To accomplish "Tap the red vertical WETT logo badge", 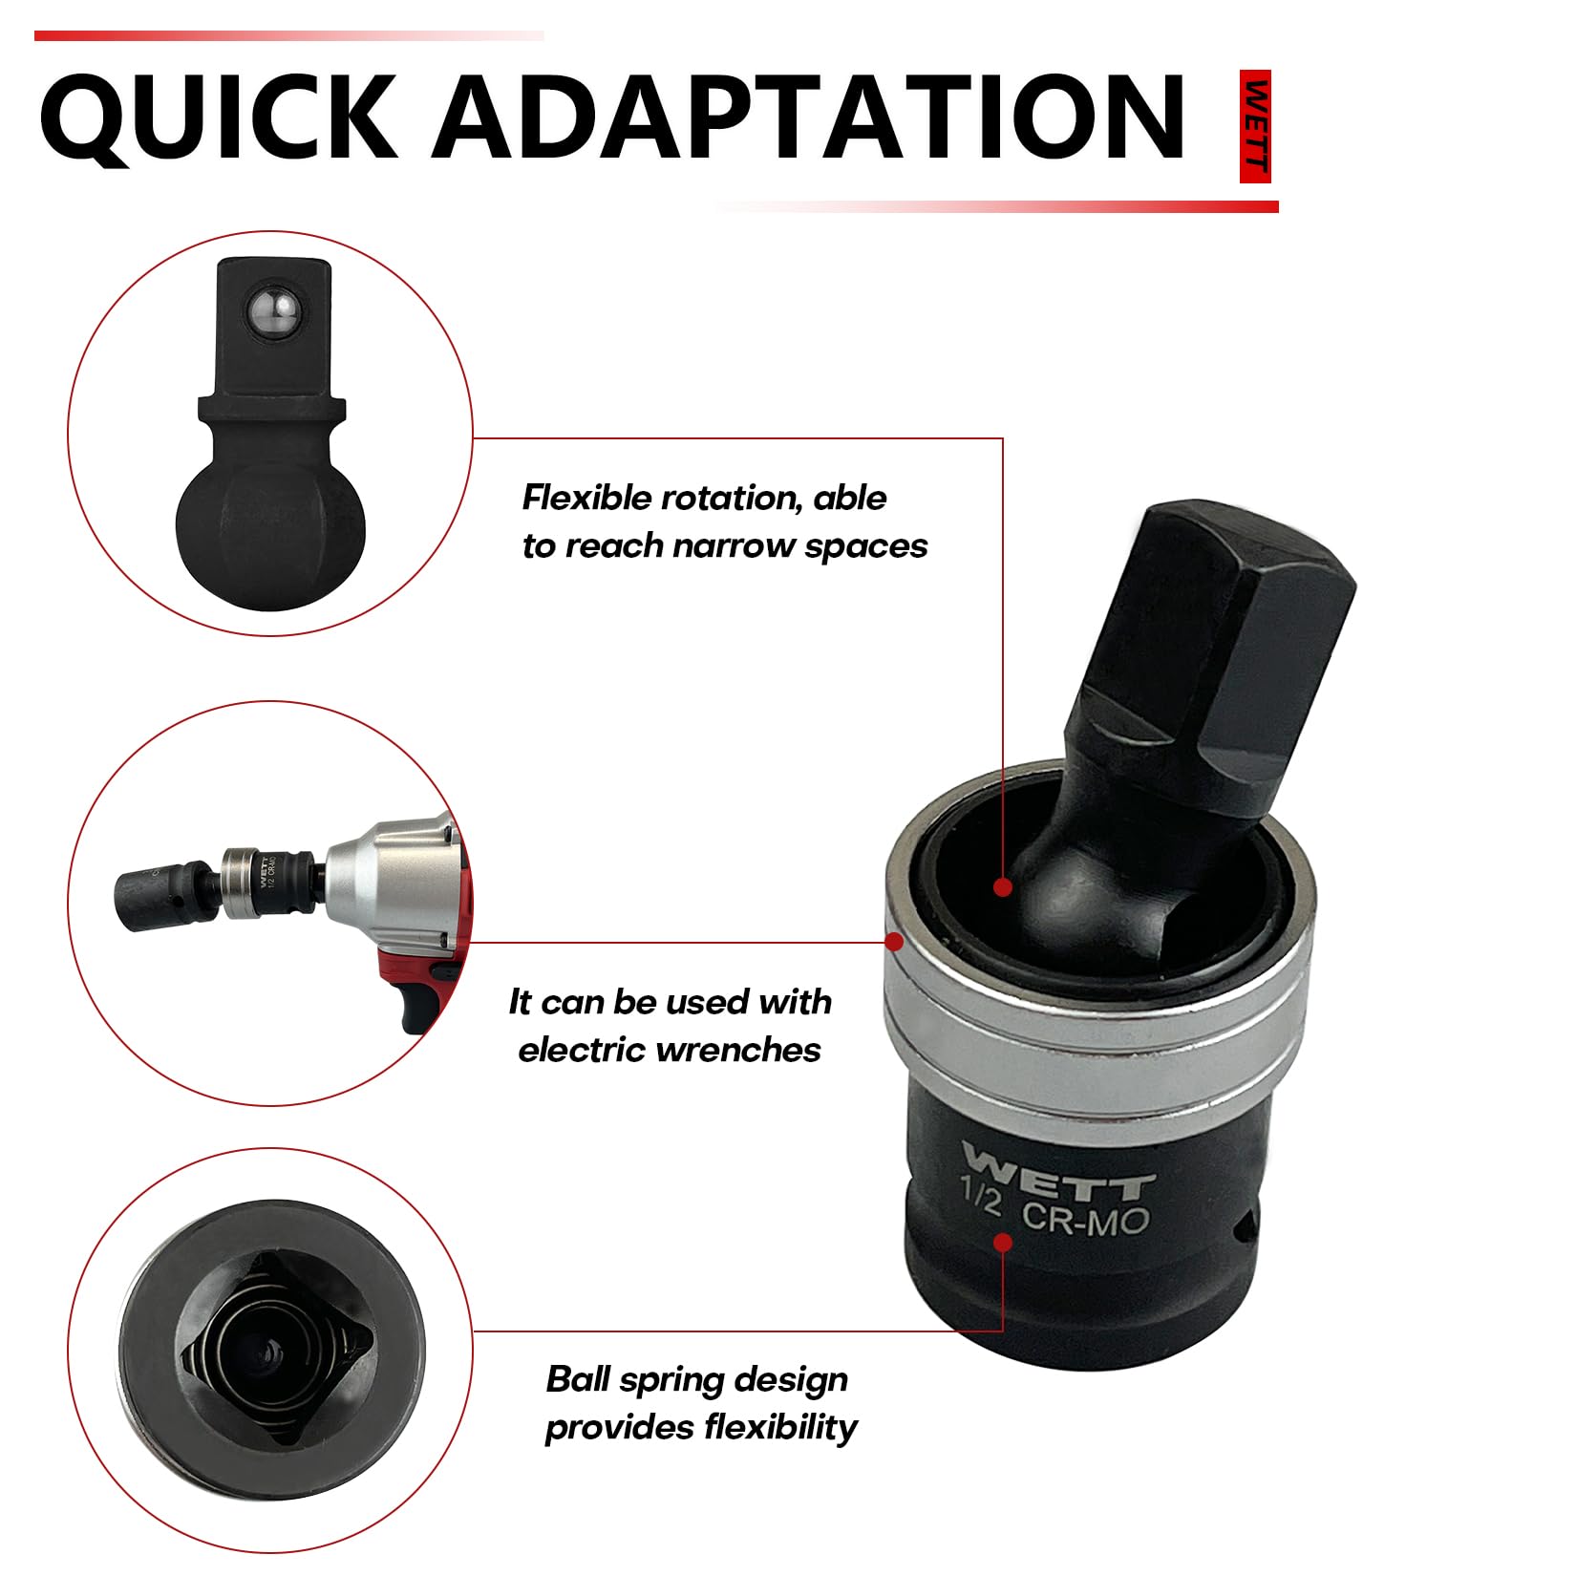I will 1255,126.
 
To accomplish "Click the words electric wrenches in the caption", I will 669,1051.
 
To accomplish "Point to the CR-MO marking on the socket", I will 1085,1220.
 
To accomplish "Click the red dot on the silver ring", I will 894,942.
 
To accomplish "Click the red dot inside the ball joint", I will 1002,887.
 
